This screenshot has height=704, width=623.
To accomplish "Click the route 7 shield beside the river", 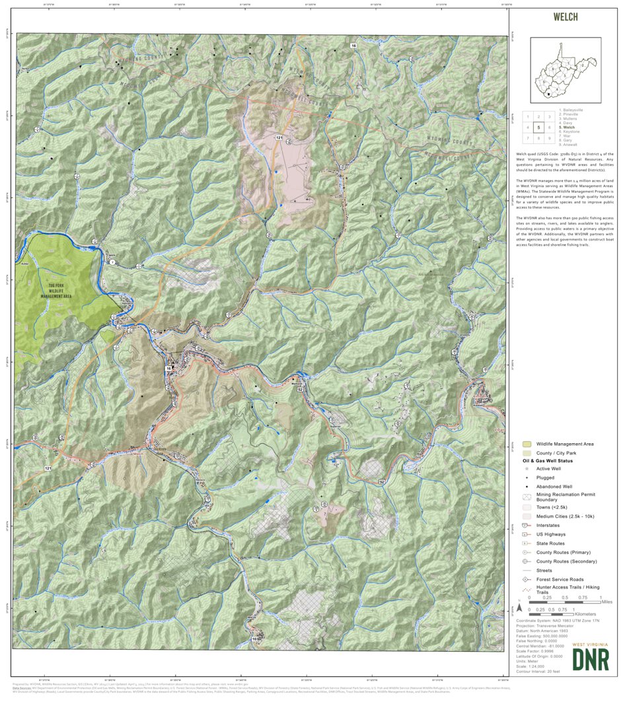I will (x=112, y=263).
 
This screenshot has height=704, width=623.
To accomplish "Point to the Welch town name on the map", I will (x=138, y=455).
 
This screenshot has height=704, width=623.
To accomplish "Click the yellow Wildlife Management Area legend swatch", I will (x=527, y=444).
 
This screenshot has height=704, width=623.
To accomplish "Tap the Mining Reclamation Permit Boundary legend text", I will (x=560, y=497).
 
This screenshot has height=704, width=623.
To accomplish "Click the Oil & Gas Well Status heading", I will (x=548, y=461).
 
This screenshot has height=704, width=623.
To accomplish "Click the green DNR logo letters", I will (x=591, y=659).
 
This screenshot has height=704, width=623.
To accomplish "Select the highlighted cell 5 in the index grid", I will (x=539, y=127).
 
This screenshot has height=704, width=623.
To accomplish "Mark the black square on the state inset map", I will (x=548, y=95).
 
